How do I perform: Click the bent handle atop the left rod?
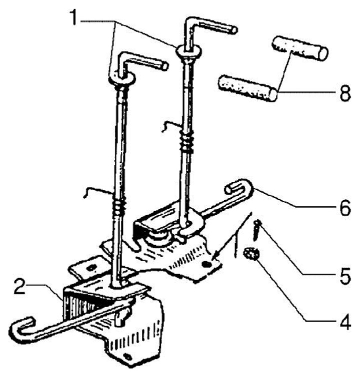(142, 62)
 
